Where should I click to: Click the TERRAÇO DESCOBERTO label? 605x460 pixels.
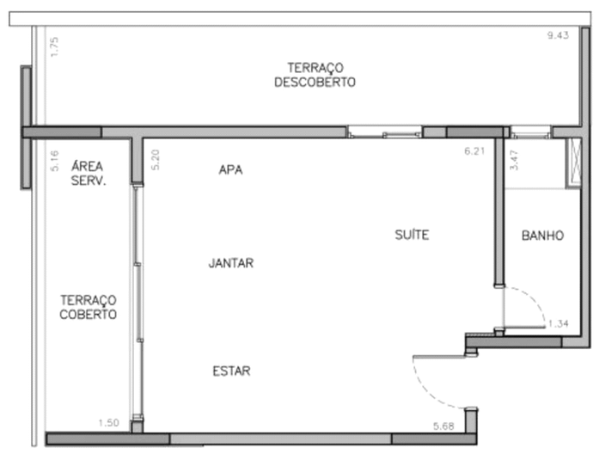[315, 75]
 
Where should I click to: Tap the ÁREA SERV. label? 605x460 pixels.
[88, 174]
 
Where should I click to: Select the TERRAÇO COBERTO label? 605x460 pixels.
[88, 307]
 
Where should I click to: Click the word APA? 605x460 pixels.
[230, 169]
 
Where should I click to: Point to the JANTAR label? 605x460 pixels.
[231, 263]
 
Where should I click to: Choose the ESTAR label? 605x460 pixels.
[231, 371]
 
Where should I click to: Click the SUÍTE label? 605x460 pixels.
[412, 235]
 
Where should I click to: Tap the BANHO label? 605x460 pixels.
[543, 236]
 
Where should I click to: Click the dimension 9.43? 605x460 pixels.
[558, 35]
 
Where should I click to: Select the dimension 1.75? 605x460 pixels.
[54, 46]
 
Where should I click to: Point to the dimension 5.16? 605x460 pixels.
[54, 161]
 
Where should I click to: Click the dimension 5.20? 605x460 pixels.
[155, 160]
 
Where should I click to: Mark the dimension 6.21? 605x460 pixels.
[474, 150]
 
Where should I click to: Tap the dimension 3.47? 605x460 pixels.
[514, 160]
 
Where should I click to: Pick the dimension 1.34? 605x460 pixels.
[559, 323]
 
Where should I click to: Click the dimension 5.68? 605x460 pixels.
[443, 426]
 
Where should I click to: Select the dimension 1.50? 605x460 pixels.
[109, 422]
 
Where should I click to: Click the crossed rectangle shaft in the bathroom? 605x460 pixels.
[573, 163]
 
